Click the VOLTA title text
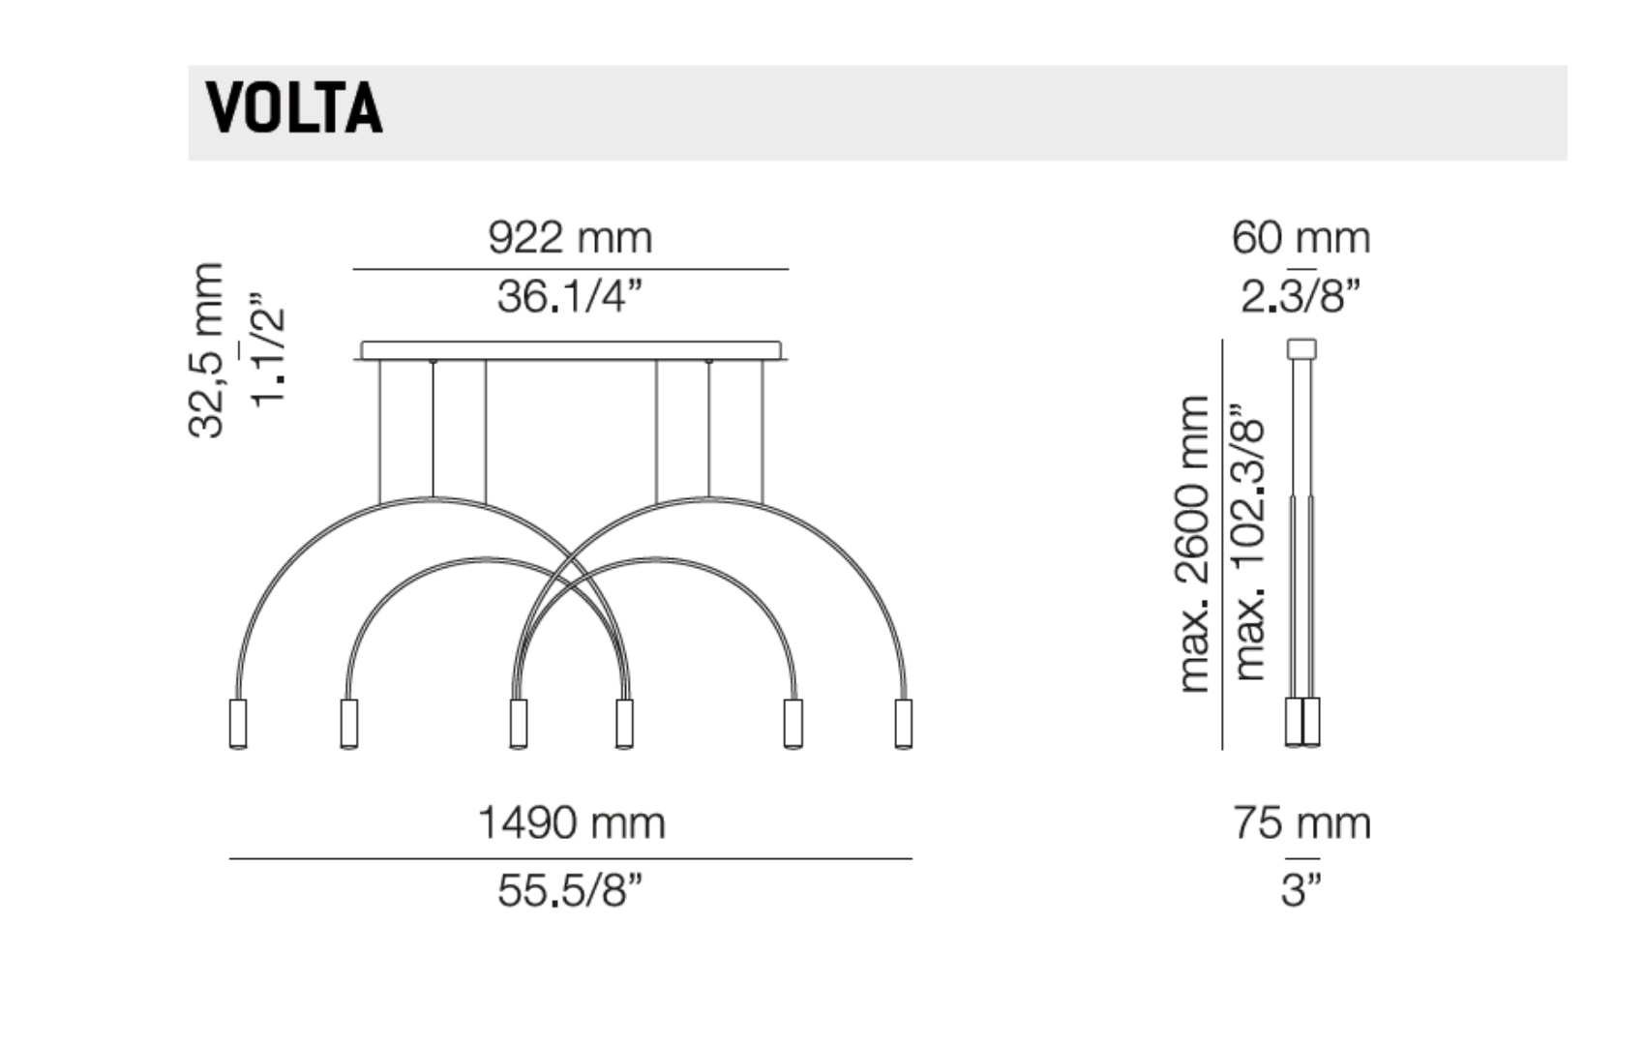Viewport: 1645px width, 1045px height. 294,108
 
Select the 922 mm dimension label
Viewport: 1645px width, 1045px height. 570,238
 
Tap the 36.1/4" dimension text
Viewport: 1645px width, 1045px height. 570,297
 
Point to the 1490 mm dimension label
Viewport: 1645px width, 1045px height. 571,822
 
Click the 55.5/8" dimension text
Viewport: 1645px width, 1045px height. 570,890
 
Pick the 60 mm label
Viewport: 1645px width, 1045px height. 1301,238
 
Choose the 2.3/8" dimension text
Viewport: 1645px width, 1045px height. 1301,297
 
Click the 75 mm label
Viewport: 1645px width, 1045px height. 1301,822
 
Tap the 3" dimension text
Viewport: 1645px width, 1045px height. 1301,890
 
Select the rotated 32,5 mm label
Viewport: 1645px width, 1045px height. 205,350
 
